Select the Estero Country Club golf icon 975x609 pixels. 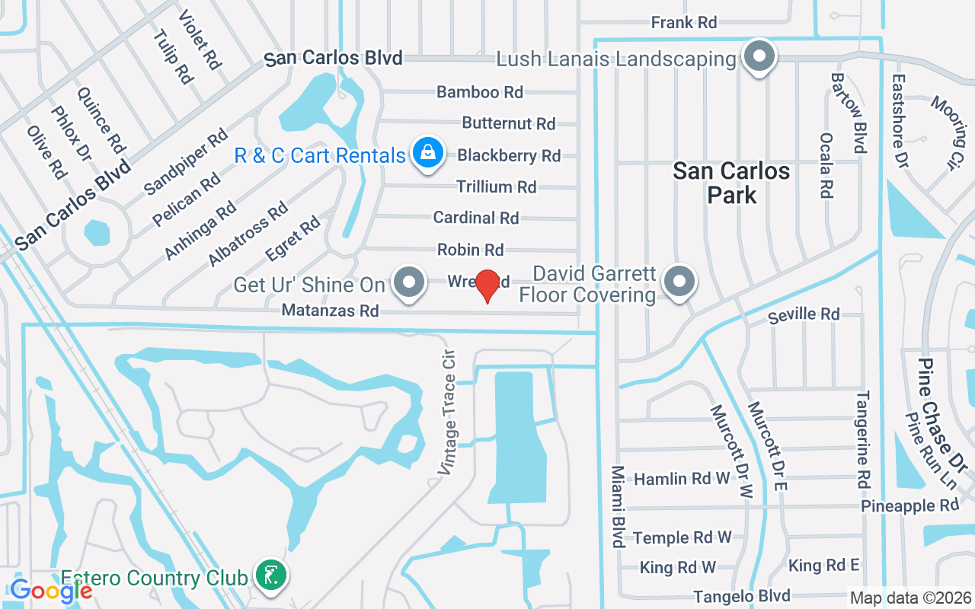tap(271, 575)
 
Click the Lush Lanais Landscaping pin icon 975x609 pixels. tap(759, 58)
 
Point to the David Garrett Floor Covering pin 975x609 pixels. tap(679, 282)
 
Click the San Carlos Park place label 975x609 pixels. tap(731, 183)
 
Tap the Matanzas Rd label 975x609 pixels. tap(330, 311)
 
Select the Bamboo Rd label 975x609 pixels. tap(479, 92)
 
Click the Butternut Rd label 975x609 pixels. tap(508, 123)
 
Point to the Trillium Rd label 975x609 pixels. tap(496, 187)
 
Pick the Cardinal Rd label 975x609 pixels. tap(475, 218)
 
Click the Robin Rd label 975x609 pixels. tap(470, 250)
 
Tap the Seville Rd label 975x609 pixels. tap(804, 314)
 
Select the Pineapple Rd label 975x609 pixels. tap(909, 506)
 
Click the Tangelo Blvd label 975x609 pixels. tap(741, 596)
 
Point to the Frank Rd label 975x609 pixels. tap(684, 23)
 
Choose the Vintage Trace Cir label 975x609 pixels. tap(447, 413)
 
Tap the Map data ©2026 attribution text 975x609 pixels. tap(909, 598)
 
